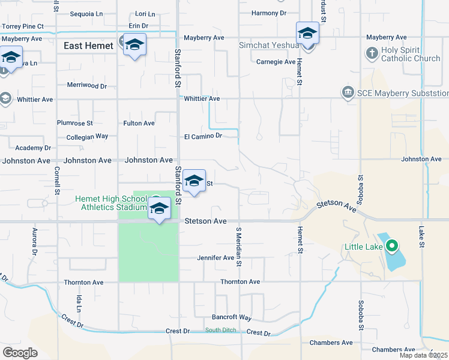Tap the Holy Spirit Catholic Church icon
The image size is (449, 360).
click(372, 53)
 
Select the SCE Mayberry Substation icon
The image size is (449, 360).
click(347, 92)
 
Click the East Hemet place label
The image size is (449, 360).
click(89, 46)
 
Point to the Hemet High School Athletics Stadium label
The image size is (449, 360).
click(111, 203)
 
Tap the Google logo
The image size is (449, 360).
click(20, 352)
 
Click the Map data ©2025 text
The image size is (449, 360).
click(423, 355)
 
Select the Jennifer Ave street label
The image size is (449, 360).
click(215, 258)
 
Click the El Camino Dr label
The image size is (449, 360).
click(203, 136)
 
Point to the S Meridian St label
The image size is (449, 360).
click(238, 246)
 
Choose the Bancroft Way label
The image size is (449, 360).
click(231, 317)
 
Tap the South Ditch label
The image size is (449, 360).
click(220, 330)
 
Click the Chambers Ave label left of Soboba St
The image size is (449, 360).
click(331, 343)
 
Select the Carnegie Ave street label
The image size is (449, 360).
click(276, 62)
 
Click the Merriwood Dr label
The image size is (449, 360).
click(87, 86)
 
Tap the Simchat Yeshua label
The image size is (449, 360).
click(268, 45)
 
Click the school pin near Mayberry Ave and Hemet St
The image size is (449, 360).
click(307, 34)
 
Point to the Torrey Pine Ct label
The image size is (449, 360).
click(23, 26)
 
